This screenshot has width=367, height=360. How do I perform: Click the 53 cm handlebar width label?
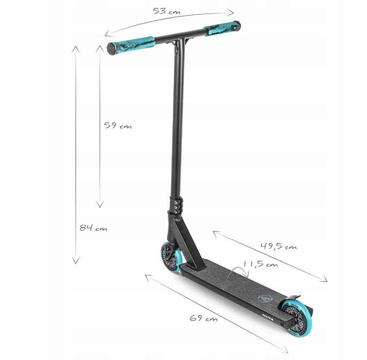166,11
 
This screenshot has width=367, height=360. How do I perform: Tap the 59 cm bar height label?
118,126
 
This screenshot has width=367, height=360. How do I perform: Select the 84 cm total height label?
93,228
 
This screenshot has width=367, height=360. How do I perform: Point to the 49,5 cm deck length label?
278,246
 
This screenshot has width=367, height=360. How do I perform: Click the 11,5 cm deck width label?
261,264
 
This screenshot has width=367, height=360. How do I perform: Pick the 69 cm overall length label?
204,318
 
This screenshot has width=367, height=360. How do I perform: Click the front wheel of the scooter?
171,259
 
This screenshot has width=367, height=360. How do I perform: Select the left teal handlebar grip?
131,46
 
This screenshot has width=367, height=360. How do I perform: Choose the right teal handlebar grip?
222,29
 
